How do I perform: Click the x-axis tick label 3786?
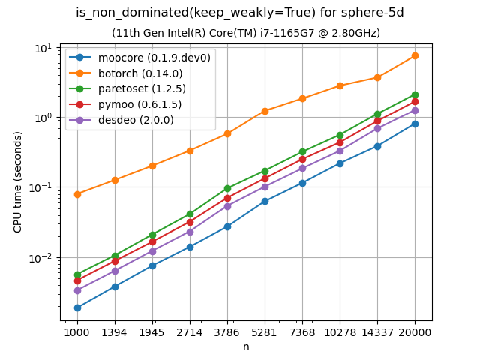pyautogui.click(x=227, y=331)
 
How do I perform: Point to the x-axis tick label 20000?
pyautogui.click(x=415, y=331)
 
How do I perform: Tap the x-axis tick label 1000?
pyautogui.click(x=77, y=331)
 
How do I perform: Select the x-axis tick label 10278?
pyautogui.click(x=340, y=331)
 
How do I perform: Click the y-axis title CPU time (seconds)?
pyautogui.click(x=18, y=181)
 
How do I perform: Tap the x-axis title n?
pyautogui.click(x=246, y=346)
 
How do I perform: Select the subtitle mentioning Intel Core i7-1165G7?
pyautogui.click(x=246, y=33)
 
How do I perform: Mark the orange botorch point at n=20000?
pyautogui.click(x=415, y=55)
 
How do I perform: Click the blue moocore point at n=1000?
pyautogui.click(x=77, y=307)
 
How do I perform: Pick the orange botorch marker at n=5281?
pyautogui.click(x=265, y=111)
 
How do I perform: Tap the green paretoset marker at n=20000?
pyautogui.click(x=415, y=94)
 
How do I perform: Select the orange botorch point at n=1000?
pyautogui.click(x=77, y=194)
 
